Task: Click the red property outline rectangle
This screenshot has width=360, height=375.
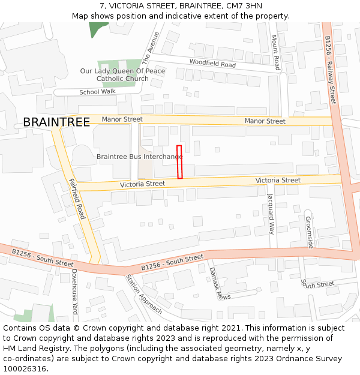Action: [x=179, y=162]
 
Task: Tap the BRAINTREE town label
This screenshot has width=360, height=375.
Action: [x=56, y=122]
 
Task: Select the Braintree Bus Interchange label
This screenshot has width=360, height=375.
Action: [x=140, y=157]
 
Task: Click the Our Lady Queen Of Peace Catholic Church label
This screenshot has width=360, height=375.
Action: [x=122, y=75]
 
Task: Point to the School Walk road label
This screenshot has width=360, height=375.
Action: [x=97, y=92]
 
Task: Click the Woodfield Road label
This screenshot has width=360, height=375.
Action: [x=212, y=63]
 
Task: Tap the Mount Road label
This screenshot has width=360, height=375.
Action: [x=275, y=52]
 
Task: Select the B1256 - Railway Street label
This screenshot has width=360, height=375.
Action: [x=330, y=70]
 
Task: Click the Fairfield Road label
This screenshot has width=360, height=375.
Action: [x=77, y=199]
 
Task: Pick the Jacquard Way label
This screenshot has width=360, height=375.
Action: [x=271, y=214]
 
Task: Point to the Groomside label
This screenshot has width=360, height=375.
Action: [x=309, y=233]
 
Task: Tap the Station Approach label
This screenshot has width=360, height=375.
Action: [x=143, y=294]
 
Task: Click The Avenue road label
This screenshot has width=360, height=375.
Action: [x=151, y=48]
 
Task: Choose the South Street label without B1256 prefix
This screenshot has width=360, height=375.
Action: [x=317, y=284]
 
